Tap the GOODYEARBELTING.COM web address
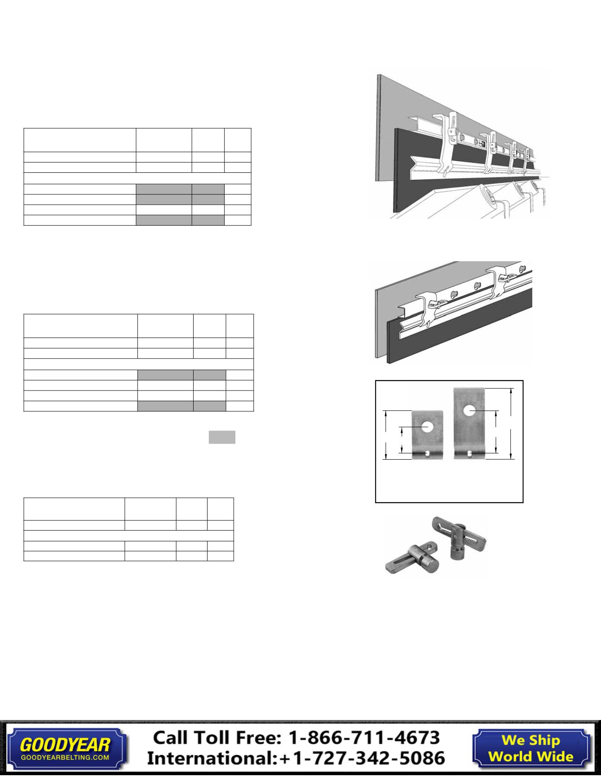[65, 757]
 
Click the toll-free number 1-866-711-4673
[363, 737]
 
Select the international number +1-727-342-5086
[362, 758]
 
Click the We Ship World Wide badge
[530, 748]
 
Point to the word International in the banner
[211, 758]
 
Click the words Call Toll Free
[217, 737]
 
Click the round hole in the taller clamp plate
[470, 410]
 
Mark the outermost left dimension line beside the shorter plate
[385, 435]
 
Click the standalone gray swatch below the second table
[222, 437]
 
